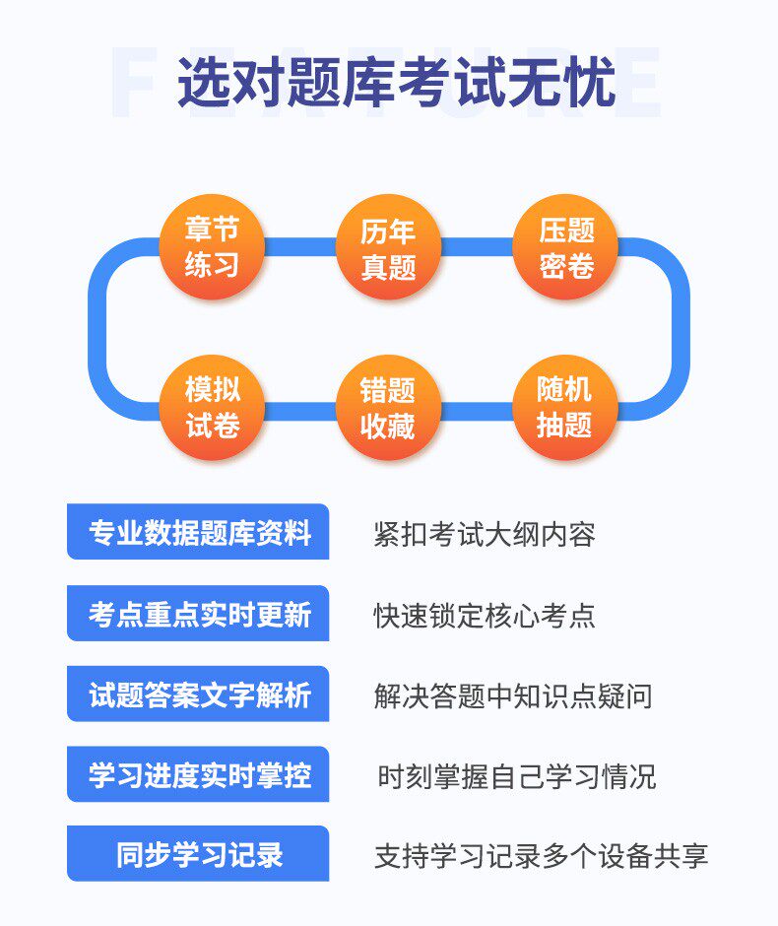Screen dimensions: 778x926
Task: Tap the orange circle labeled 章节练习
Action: click(x=212, y=246)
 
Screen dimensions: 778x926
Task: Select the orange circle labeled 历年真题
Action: click(x=388, y=246)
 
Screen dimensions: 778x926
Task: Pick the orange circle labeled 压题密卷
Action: click(x=565, y=246)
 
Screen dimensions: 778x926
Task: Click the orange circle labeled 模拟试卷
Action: click(x=212, y=407)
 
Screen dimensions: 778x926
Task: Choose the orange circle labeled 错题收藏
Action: click(x=388, y=407)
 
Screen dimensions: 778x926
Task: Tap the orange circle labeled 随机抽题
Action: click(x=565, y=407)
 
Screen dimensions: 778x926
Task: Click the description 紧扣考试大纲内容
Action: click(x=485, y=534)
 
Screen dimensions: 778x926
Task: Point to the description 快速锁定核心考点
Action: click(x=485, y=615)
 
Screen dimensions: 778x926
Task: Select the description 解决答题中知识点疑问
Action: click(x=513, y=695)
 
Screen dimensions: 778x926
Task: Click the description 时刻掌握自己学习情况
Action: click(x=517, y=775)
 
